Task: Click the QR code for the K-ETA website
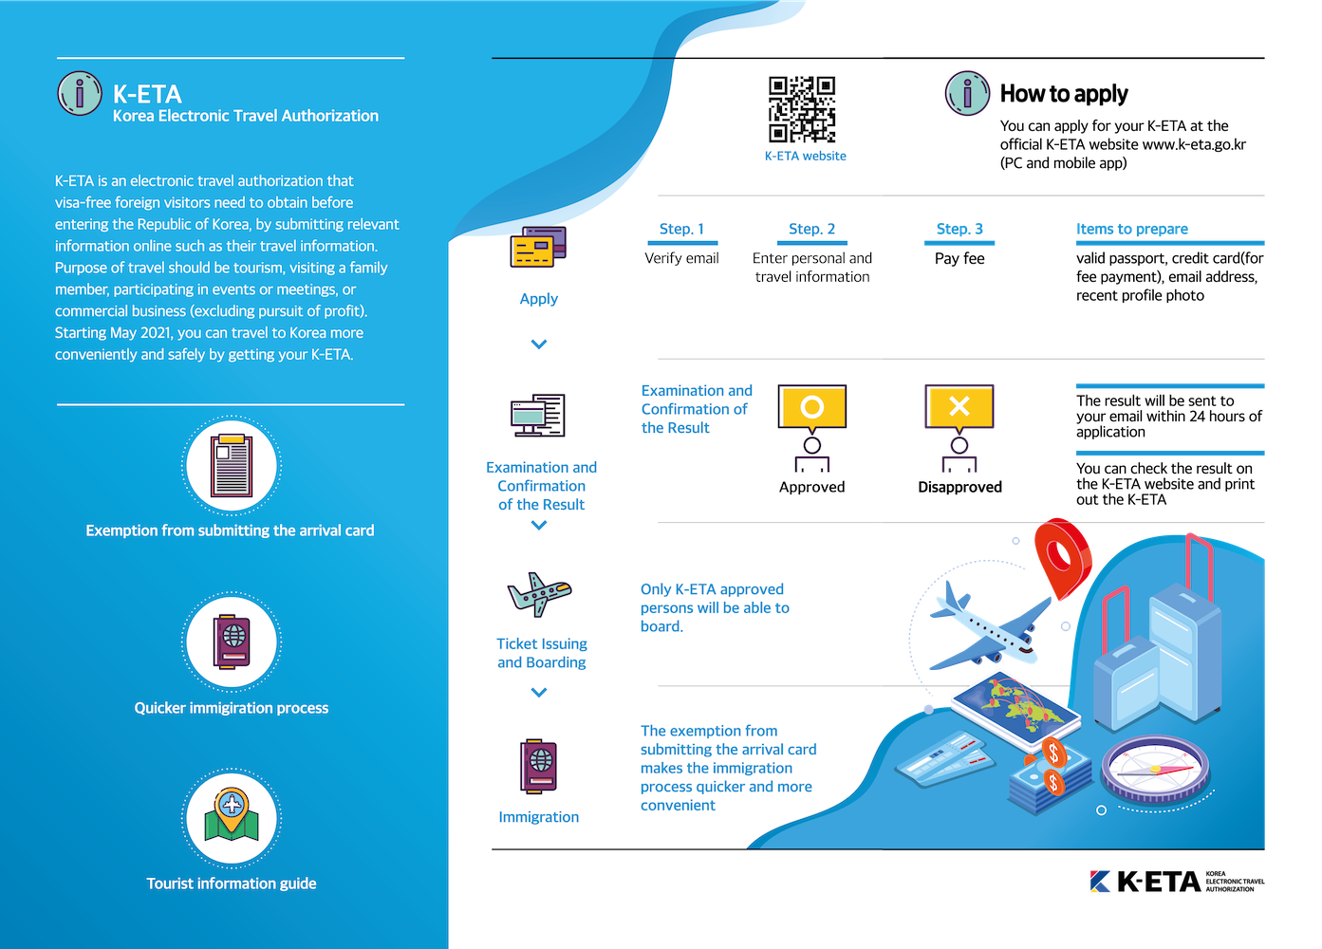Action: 802,109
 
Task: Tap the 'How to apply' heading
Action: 1064,93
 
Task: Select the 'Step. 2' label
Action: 811,229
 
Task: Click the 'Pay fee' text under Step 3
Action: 959,258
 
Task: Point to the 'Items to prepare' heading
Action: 1131,229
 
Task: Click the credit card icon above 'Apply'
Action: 538,247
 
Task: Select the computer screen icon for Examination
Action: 538,415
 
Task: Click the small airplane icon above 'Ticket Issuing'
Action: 539,594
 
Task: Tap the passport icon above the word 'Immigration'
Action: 538,766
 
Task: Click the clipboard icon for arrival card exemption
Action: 232,465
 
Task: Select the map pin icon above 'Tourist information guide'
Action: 232,814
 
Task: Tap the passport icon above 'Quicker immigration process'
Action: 232,642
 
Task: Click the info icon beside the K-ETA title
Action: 80,93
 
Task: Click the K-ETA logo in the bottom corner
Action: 1177,882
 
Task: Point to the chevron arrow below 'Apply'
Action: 538,344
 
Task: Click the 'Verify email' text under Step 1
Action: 681,258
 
